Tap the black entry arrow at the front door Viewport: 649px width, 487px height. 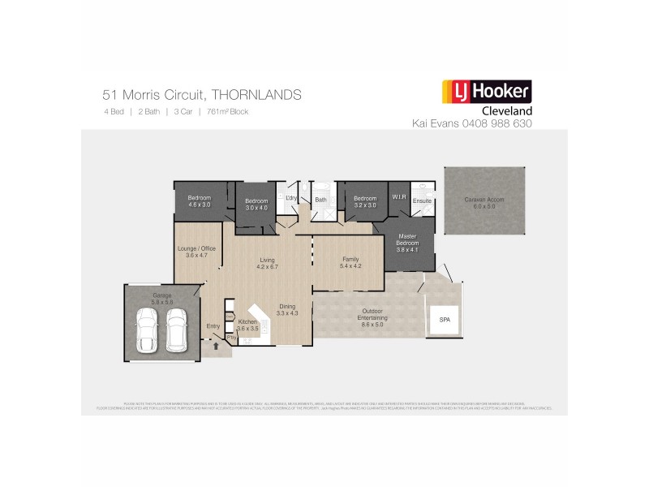(x=216, y=346)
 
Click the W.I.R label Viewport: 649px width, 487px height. (x=398, y=196)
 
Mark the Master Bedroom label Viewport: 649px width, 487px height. (x=407, y=239)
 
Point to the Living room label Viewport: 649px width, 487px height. (x=267, y=259)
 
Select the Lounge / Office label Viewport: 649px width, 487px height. (x=197, y=248)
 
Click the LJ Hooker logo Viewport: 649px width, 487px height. (x=485, y=92)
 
